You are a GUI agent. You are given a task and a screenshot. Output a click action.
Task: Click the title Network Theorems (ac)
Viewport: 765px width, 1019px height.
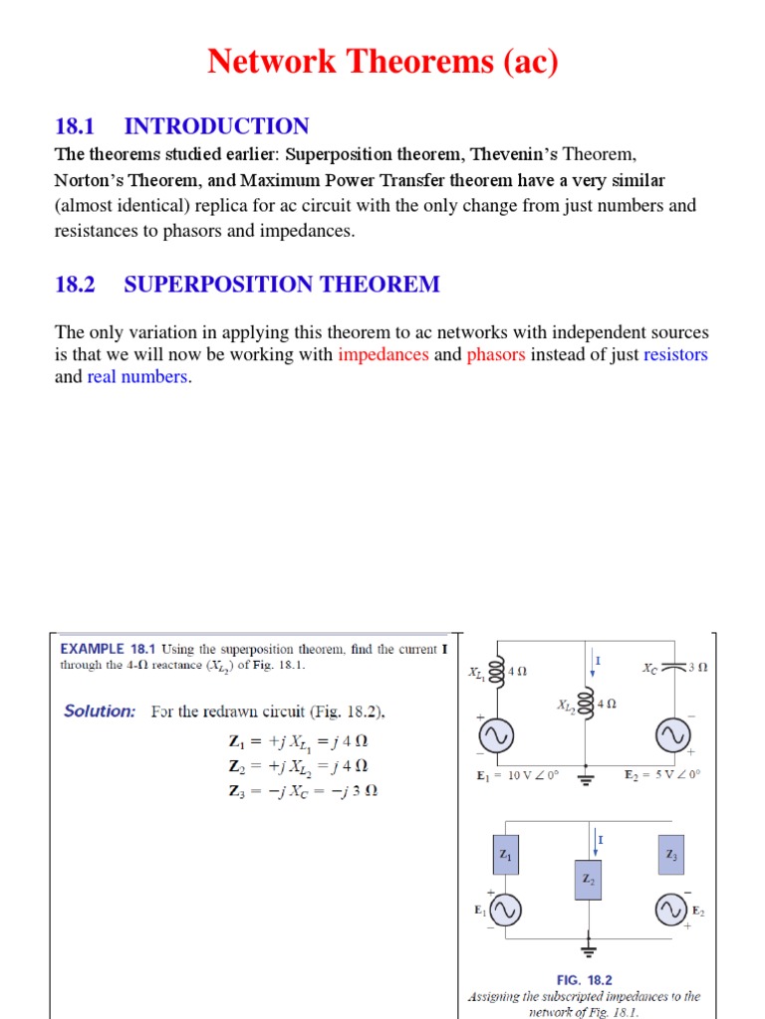(382, 62)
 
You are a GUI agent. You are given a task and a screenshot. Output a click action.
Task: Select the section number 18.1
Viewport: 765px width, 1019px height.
(75, 126)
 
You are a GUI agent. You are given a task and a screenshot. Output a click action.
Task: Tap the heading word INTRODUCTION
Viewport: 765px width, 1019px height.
(216, 126)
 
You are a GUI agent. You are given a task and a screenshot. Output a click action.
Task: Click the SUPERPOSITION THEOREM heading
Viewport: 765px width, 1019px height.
(281, 285)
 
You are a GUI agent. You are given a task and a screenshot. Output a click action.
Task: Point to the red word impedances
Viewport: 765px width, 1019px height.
(383, 355)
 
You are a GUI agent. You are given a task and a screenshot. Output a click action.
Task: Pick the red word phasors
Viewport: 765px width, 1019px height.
(495, 355)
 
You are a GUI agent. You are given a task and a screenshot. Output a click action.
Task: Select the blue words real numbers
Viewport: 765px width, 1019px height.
(137, 377)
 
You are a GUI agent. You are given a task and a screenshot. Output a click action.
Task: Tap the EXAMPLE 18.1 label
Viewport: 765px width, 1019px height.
(109, 649)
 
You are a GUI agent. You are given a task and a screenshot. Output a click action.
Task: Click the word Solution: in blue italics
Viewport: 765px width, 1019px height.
(100, 712)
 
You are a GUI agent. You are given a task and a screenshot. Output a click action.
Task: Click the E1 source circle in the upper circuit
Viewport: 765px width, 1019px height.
(495, 736)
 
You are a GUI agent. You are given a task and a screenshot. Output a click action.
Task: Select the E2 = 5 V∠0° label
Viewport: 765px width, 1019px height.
(662, 774)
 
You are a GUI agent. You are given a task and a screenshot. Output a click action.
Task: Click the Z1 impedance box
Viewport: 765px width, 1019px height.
(506, 855)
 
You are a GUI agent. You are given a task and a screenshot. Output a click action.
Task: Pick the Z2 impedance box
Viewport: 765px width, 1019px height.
(589, 880)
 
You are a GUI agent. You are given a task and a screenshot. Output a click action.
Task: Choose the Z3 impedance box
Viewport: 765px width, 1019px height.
(671, 855)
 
